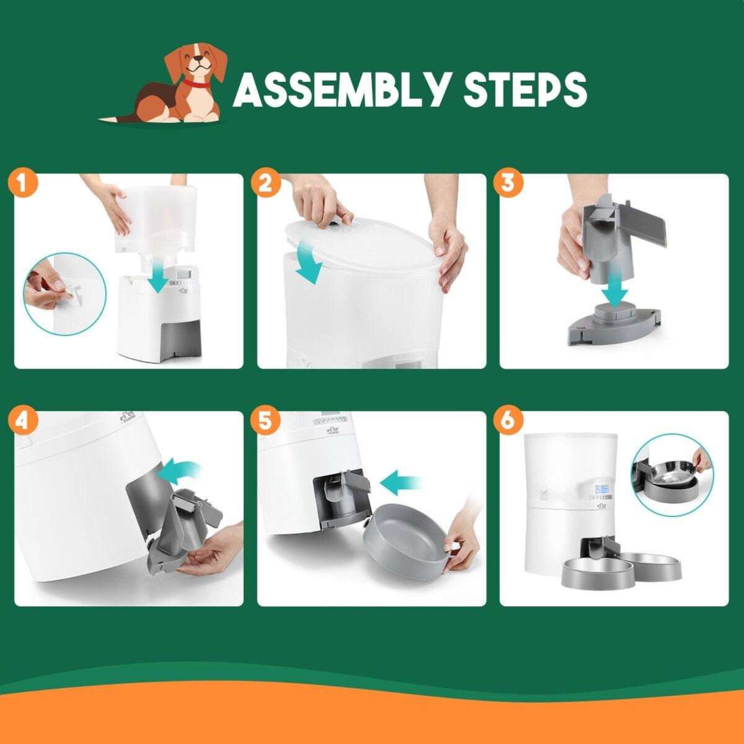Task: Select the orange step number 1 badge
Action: (23, 184)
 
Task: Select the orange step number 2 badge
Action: (265, 184)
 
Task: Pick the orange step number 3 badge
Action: (508, 184)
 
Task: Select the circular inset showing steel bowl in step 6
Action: (671, 474)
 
